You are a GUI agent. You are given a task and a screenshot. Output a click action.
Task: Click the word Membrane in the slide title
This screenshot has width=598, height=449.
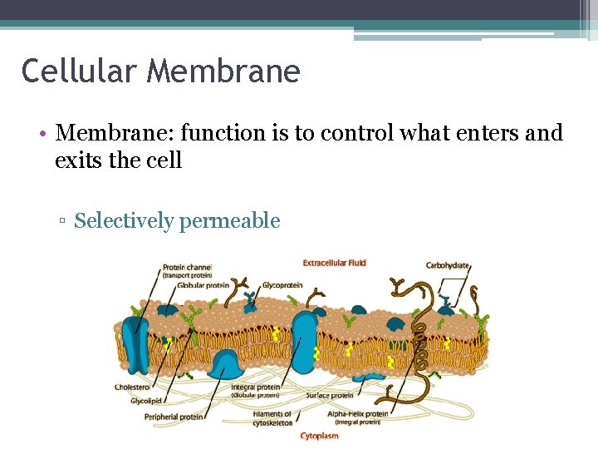223,72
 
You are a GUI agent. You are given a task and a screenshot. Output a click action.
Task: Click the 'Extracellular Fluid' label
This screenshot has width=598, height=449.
334,264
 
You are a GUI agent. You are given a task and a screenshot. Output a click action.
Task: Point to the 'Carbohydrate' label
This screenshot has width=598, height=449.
448,266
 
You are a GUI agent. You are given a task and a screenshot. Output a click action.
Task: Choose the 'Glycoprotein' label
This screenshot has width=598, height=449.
282,285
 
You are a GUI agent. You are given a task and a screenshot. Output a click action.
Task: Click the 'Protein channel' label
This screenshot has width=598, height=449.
187,267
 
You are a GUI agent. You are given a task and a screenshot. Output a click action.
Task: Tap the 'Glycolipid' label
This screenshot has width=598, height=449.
145,401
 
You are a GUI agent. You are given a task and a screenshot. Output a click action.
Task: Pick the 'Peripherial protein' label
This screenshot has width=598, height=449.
173,417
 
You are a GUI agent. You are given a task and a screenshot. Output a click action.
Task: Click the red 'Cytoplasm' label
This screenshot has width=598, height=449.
319,435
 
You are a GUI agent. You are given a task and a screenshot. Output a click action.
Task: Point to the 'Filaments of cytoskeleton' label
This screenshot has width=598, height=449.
272,417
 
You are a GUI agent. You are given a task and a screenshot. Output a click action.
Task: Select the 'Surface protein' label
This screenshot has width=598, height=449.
330,396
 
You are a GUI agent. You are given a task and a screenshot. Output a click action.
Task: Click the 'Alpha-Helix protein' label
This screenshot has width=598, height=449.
357,413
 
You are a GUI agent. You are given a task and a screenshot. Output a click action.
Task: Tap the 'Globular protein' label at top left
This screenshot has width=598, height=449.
203,285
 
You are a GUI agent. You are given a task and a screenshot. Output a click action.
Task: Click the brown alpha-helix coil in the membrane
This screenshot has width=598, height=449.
421,333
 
